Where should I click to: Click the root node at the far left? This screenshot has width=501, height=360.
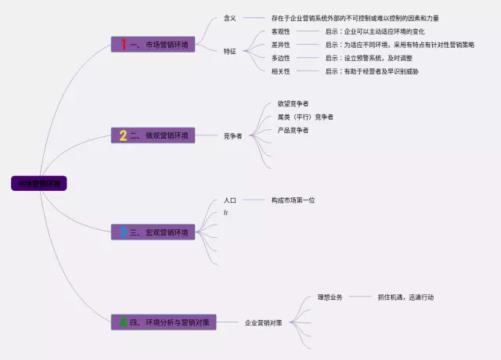[39, 183]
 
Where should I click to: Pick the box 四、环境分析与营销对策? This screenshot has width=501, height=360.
[164, 322]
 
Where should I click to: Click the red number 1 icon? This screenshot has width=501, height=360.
[123, 45]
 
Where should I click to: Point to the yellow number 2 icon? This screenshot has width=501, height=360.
[123, 135]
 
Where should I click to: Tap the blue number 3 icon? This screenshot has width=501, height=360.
[123, 232]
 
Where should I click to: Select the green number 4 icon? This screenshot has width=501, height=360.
[123, 322]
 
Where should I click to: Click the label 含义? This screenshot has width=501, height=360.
[230, 17]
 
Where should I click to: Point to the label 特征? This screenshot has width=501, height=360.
[230, 51]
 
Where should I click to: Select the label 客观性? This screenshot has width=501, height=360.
[280, 31]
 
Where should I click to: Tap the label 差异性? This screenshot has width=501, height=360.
[280, 45]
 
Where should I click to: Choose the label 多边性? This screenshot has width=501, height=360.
[280, 58]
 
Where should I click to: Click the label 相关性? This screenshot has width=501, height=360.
[280, 71]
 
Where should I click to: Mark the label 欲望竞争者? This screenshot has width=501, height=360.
[293, 103]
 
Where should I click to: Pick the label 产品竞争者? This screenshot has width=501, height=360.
[293, 130]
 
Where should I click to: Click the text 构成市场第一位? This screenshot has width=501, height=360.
[293, 200]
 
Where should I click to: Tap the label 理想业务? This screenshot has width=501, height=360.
[330, 297]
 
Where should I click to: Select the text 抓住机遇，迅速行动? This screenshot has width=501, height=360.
[405, 297]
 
